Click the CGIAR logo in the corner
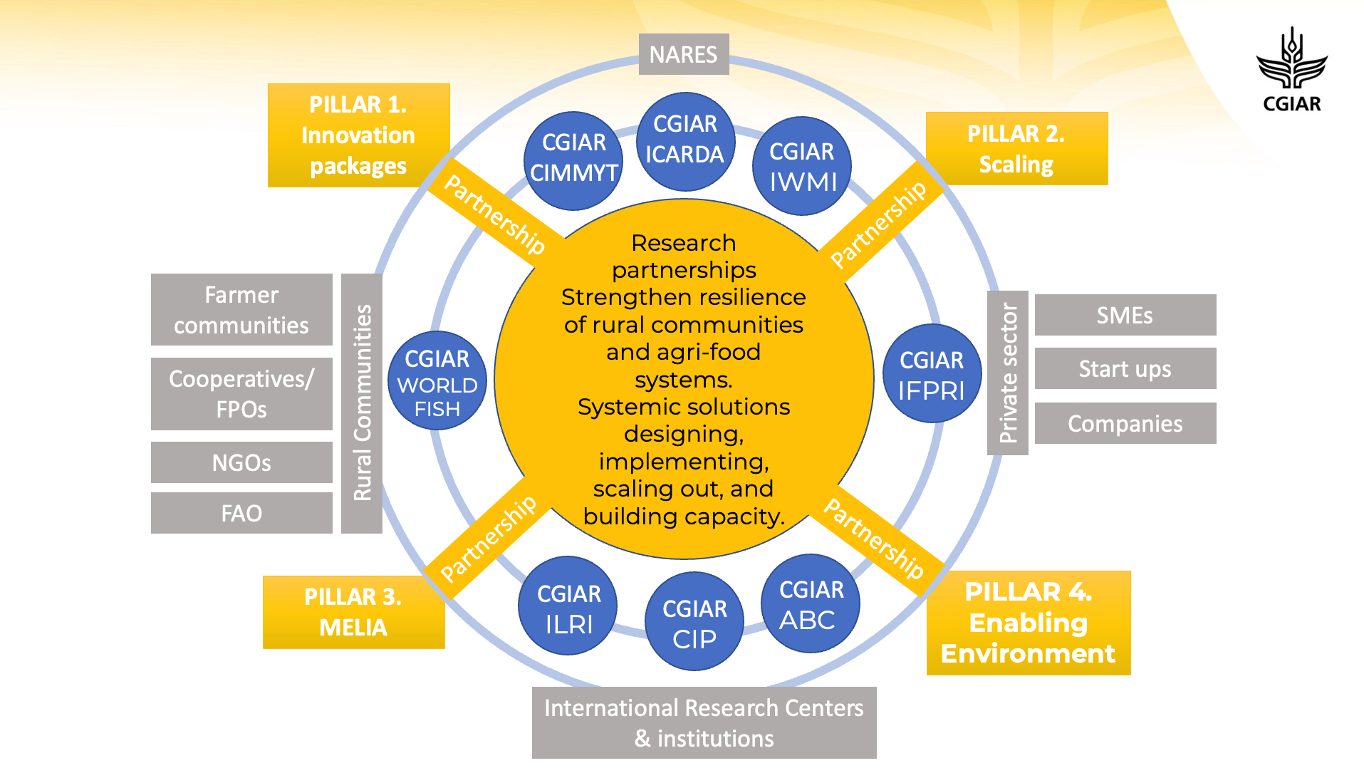(1291, 70)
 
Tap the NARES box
(683, 54)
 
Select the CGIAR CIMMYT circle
(573, 159)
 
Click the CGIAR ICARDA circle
(684, 140)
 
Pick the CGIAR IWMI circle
(801, 166)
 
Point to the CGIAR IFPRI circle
(931, 373)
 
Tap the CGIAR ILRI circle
(568, 606)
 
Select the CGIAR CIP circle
(694, 621)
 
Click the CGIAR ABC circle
(810, 603)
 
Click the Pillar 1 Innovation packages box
(358, 135)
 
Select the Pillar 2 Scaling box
(1016, 148)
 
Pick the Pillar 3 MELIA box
(353, 612)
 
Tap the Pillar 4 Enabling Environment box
(1028, 623)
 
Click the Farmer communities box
(241, 310)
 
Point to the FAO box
(241, 513)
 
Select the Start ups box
(1125, 368)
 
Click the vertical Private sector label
(1007, 373)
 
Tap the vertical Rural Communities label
(362, 403)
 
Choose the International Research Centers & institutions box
(704, 722)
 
